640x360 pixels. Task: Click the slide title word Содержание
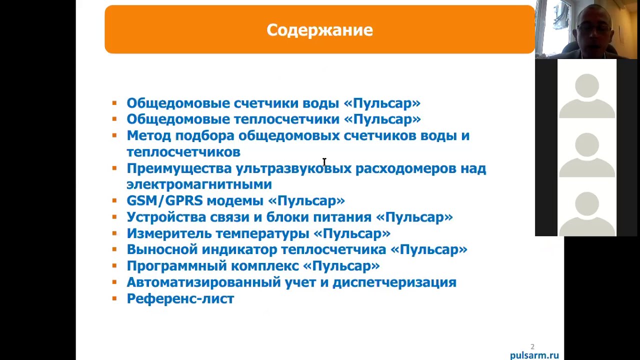[319, 30]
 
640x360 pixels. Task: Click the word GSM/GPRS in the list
[164, 201]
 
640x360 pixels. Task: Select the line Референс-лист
[180, 299]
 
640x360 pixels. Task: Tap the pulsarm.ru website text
[534, 355]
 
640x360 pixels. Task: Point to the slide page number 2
[532, 346]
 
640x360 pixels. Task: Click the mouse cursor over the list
[324, 162]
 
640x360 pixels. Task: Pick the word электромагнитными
[199, 184]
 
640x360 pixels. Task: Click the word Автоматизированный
[203, 282]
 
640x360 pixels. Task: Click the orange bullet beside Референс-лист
[114, 298]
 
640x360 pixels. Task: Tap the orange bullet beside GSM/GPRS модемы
[114, 200]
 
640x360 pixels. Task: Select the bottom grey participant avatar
[587, 212]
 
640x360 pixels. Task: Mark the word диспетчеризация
[394, 282]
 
